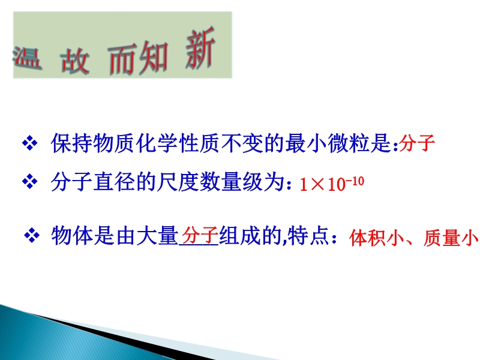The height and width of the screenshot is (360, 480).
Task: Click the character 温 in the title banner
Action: (28, 58)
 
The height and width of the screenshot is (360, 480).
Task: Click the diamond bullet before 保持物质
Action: (29, 143)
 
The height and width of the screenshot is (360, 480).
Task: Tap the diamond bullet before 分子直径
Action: (29, 182)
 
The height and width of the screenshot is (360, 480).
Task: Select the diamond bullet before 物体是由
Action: (32, 236)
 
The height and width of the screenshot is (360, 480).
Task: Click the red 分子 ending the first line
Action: (417, 143)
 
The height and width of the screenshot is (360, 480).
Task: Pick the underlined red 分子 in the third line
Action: (200, 235)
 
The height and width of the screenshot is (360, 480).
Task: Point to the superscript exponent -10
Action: (355, 182)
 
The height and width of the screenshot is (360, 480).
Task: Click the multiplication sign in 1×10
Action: (317, 184)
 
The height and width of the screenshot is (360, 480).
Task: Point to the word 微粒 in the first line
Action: (348, 143)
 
